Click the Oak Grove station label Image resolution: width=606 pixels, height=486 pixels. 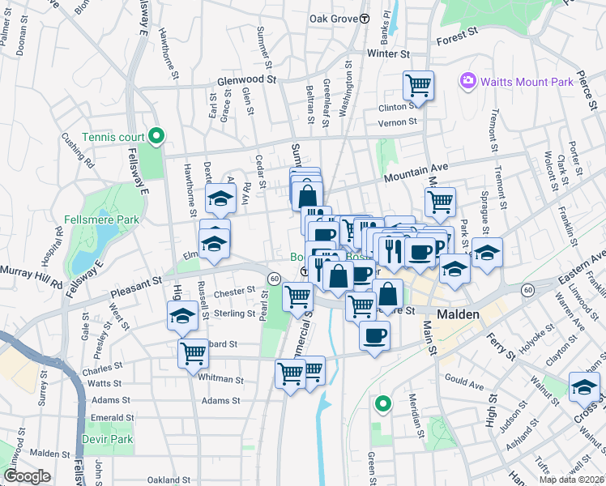[334, 18]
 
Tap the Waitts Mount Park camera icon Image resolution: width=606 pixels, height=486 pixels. [467, 80]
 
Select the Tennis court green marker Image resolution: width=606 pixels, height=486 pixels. [159, 136]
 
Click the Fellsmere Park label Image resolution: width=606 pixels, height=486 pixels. [101, 220]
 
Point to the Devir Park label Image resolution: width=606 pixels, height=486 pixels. [107, 439]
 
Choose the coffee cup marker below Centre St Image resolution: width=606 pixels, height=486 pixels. [373, 335]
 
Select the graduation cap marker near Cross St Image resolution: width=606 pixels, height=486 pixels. [584, 387]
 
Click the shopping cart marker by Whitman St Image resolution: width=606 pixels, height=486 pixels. [193, 352]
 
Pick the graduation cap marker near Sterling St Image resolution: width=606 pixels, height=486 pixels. [181, 315]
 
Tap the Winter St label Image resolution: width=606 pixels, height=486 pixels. [388, 53]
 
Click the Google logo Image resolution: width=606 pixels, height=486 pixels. [27, 476]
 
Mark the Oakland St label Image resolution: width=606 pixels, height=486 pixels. [169, 480]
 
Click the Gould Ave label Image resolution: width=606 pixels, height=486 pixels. [464, 379]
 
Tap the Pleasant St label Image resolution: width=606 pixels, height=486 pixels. [134, 283]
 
